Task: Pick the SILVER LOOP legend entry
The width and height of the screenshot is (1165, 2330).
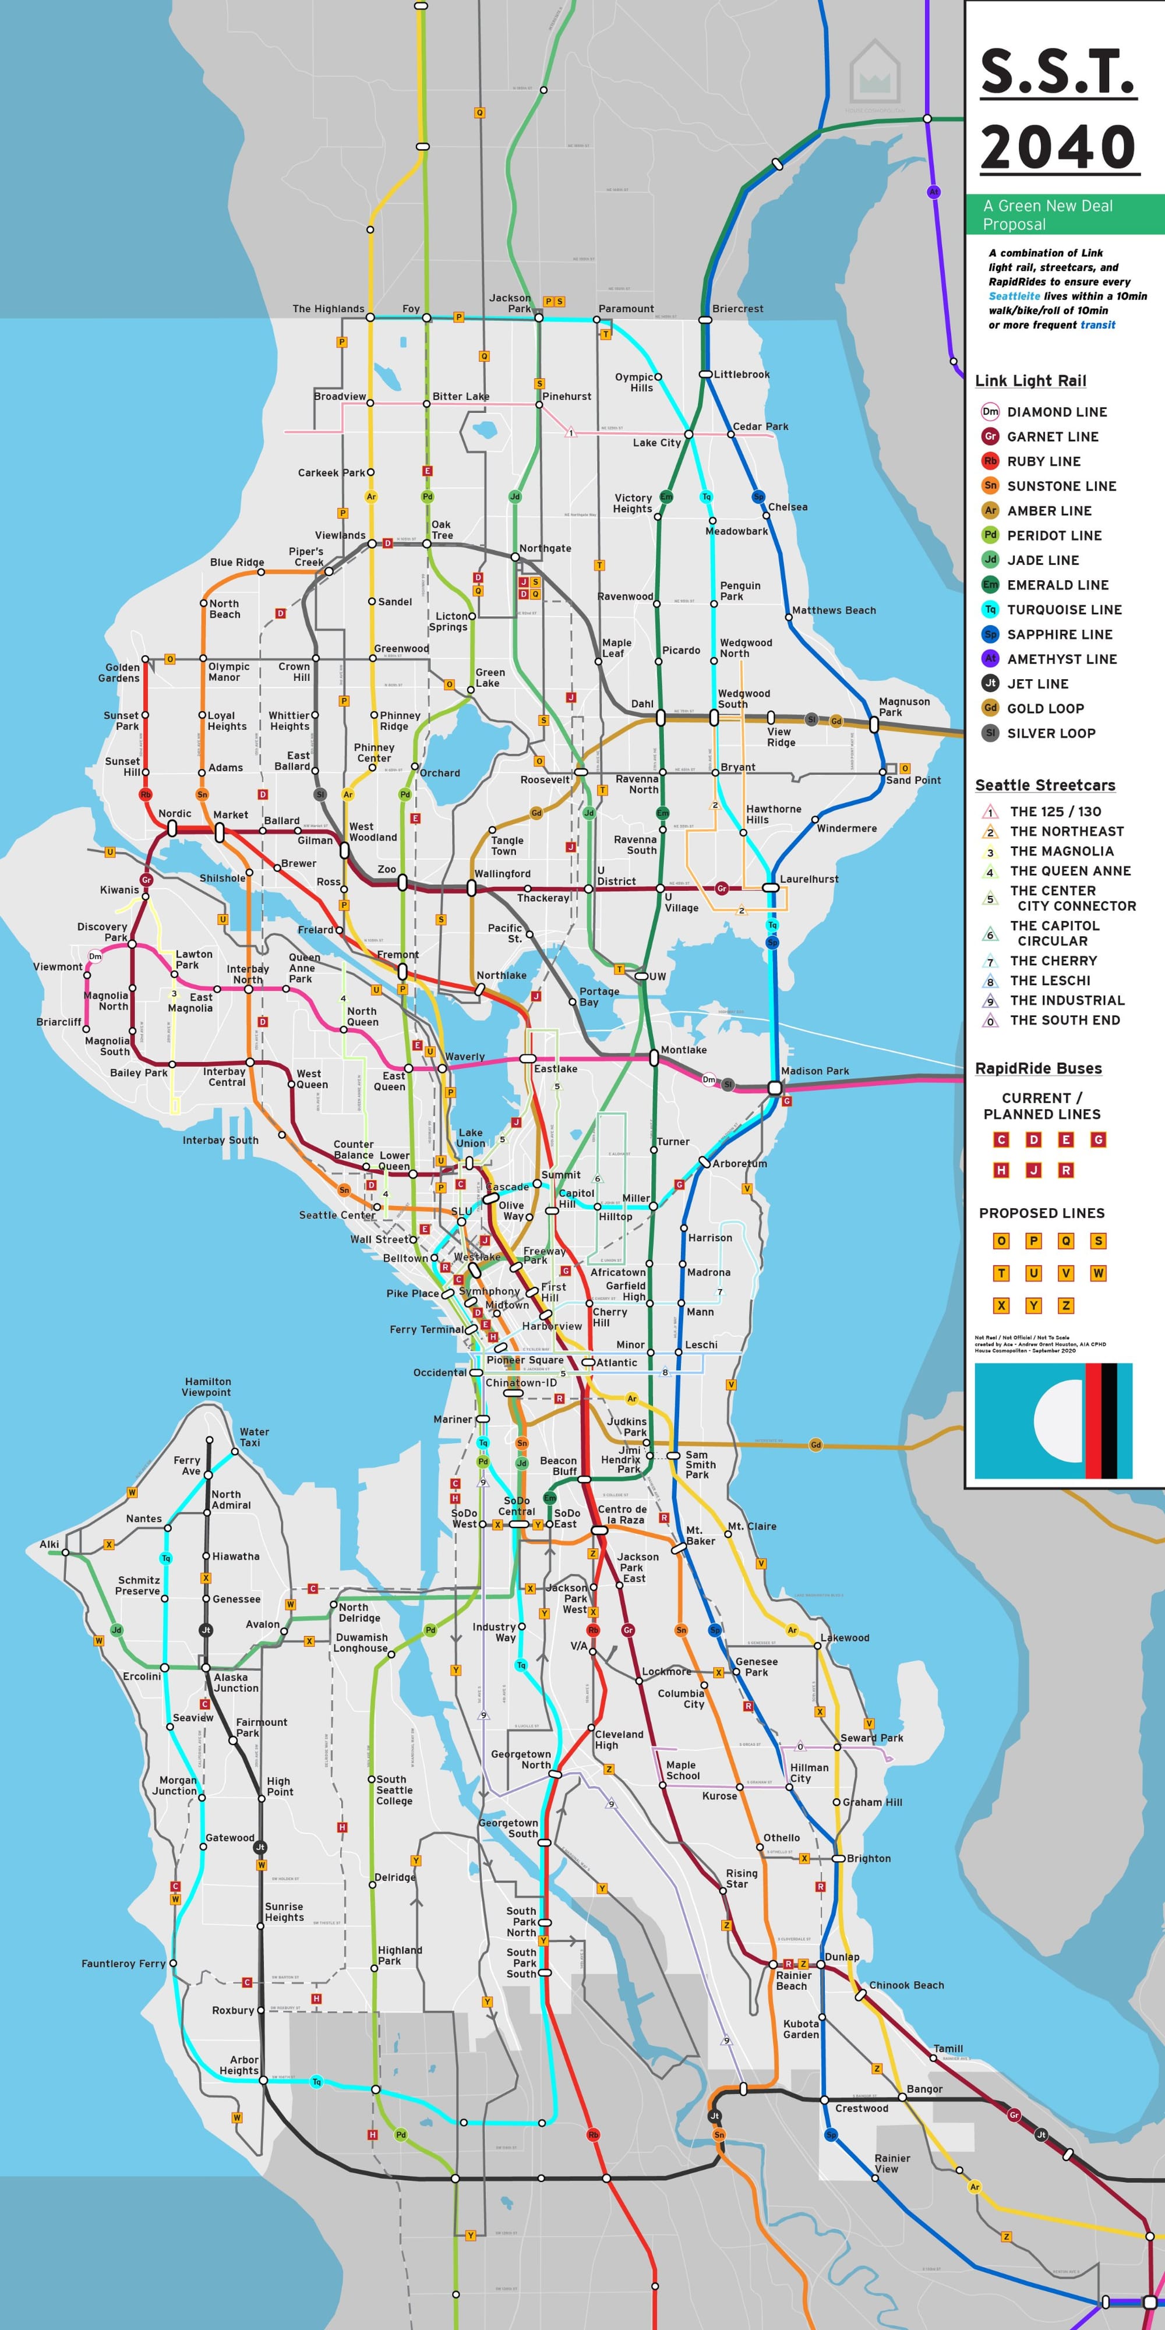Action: (x=1050, y=733)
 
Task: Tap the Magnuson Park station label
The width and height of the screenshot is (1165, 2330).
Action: (x=903, y=707)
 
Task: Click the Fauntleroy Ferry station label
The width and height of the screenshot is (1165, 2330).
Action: (x=123, y=1964)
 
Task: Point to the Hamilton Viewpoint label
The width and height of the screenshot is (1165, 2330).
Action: (x=207, y=1386)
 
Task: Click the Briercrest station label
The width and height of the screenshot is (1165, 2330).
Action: (x=737, y=309)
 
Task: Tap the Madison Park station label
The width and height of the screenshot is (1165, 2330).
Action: (x=814, y=1071)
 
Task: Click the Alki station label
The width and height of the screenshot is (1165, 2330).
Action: (x=50, y=1544)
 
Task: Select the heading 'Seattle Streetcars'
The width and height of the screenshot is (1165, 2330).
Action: (x=1044, y=785)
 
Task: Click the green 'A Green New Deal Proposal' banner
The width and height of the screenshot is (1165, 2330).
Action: (x=1064, y=214)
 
